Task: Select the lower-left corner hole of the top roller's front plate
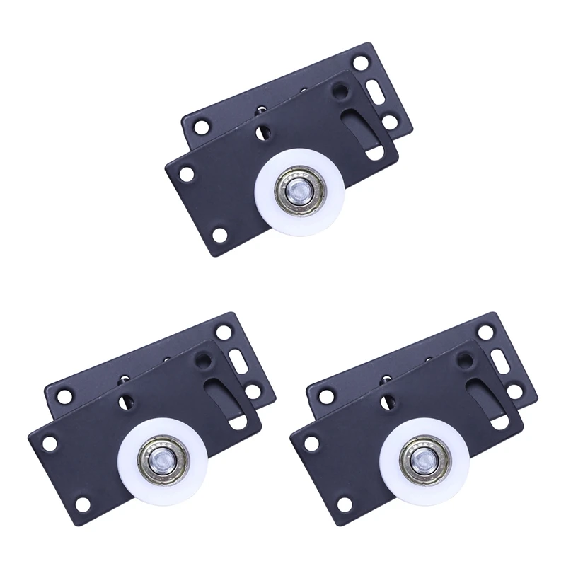[220, 234]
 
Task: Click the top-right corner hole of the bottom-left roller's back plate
[224, 330]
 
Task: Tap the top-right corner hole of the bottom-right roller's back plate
[485, 329]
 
